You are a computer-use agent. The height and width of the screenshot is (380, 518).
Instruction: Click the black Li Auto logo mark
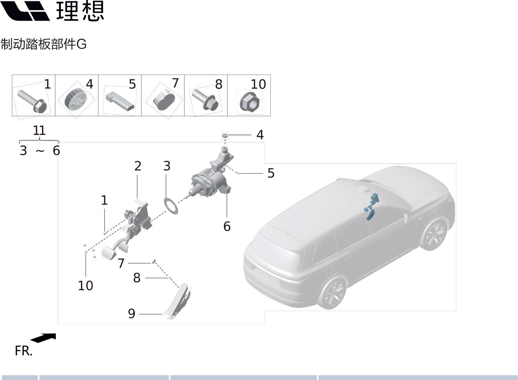pos(25,11)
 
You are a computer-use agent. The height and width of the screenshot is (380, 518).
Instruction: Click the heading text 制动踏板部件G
pos(43,44)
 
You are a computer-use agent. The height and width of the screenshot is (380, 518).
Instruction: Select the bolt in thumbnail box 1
pos(32,101)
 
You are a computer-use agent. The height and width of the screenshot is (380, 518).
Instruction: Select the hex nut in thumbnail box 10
pos(249,102)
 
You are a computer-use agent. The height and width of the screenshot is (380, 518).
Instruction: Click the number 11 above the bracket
pos(39,130)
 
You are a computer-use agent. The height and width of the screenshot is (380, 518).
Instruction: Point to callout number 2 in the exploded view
pos(138,166)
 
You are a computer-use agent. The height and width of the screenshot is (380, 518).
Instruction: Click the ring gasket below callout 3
pos(172,206)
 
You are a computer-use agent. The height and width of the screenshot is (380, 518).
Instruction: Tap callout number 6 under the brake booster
pos(227,226)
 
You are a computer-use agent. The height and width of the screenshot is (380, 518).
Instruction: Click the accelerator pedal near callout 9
pos(177,301)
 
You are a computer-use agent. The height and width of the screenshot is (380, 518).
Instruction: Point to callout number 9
pos(132,313)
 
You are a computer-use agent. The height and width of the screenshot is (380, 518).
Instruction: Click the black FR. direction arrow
pos(43,338)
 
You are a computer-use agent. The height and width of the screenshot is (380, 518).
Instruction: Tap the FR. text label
pos(23,351)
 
